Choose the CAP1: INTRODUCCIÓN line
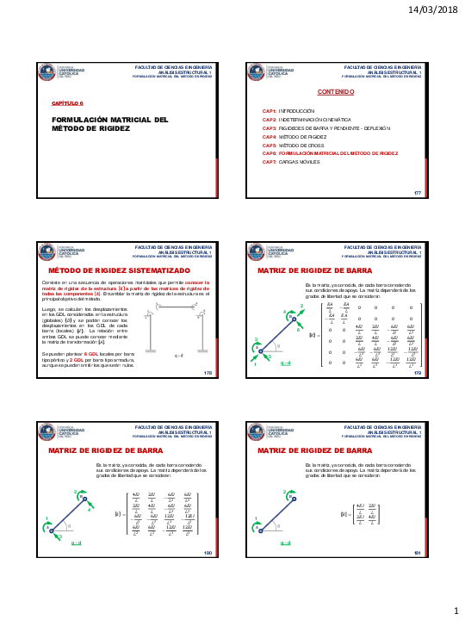(x=295, y=112)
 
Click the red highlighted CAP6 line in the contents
(x=330, y=153)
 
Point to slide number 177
(x=418, y=193)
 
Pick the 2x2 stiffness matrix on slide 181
(x=361, y=516)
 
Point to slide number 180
(x=207, y=552)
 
